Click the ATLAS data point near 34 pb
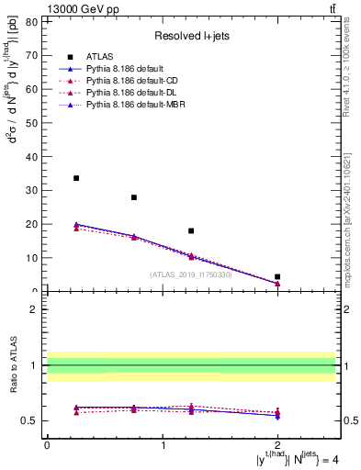tap(76, 178)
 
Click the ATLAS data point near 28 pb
tap(134, 197)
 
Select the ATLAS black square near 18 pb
tap(191, 231)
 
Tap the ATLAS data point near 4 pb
tap(277, 276)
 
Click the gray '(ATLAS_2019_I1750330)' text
tap(191, 274)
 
